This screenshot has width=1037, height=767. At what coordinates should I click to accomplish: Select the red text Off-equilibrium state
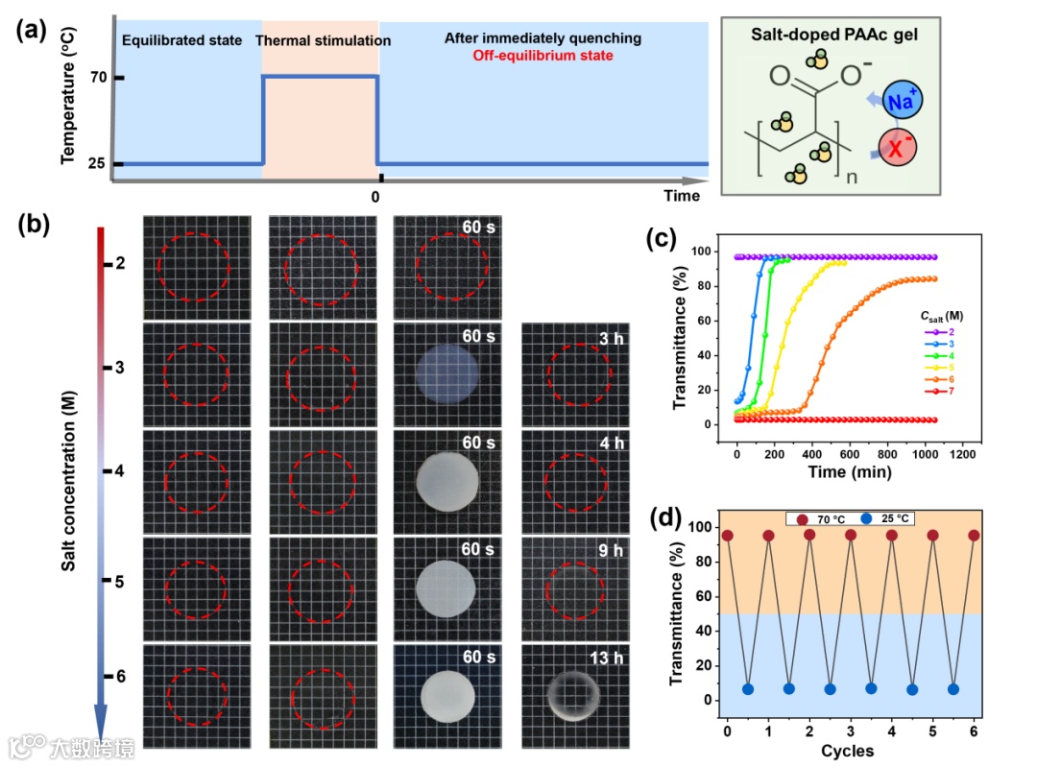click(x=543, y=57)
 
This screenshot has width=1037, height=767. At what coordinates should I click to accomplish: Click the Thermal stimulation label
click(x=323, y=41)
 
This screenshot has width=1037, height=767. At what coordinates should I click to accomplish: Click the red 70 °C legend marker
click(x=802, y=518)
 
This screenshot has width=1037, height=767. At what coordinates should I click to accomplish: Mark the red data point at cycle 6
click(x=974, y=535)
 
